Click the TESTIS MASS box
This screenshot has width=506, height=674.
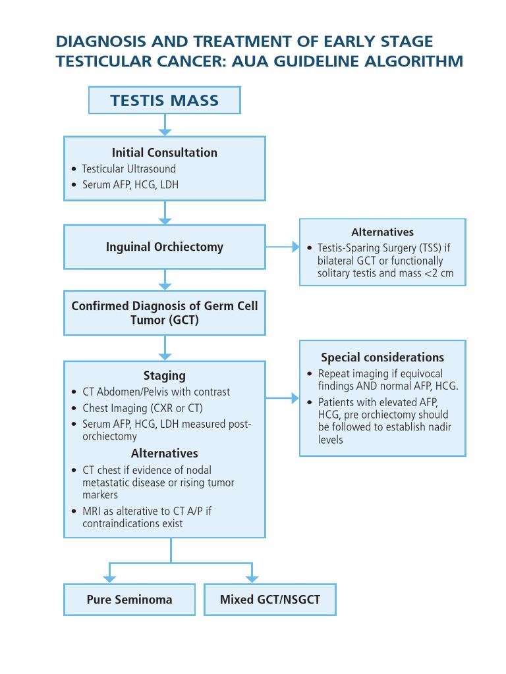[165, 101]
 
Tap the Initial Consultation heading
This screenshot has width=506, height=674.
[164, 152]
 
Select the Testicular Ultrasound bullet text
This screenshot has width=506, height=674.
[128, 169]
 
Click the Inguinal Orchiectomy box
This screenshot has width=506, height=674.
[165, 247]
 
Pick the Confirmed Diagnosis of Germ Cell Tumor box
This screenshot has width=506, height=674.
[165, 313]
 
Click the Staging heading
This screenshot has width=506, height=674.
[164, 375]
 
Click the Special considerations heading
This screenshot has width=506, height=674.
[382, 357]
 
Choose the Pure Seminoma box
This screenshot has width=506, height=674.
[129, 600]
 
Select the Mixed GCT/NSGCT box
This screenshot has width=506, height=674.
[269, 600]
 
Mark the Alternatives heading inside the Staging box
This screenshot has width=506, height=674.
[164, 454]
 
